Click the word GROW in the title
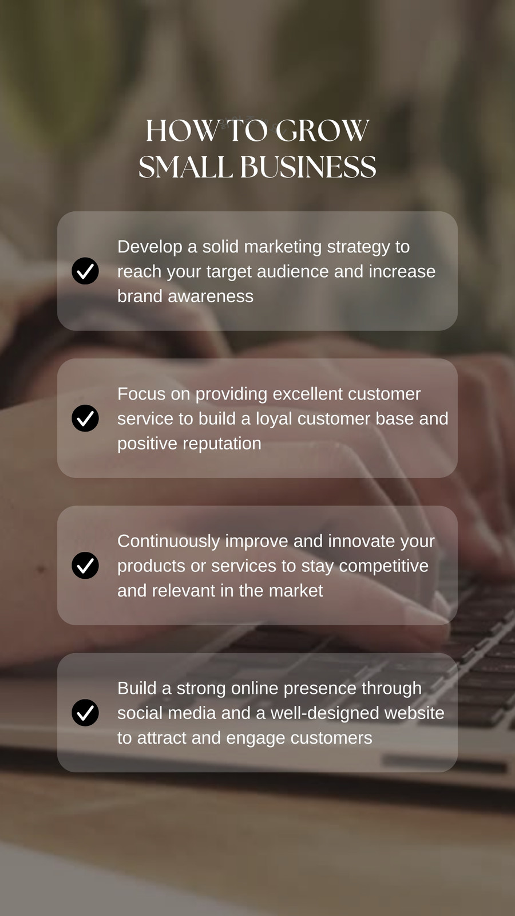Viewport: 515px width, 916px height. tap(323, 131)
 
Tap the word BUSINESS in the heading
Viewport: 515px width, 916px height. tap(308, 167)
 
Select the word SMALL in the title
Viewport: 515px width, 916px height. tap(185, 167)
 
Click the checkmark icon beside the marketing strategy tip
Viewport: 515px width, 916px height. tap(85, 271)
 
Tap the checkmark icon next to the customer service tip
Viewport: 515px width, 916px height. tap(85, 418)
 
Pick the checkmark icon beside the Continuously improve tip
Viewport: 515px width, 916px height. tap(85, 565)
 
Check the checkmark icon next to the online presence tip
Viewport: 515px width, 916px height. tap(85, 712)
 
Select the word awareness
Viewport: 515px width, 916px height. tap(211, 297)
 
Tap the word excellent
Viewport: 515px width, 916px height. tap(308, 394)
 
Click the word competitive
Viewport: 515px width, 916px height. tap(384, 567)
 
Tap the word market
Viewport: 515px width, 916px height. tap(296, 591)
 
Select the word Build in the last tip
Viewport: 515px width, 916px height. tap(137, 688)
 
